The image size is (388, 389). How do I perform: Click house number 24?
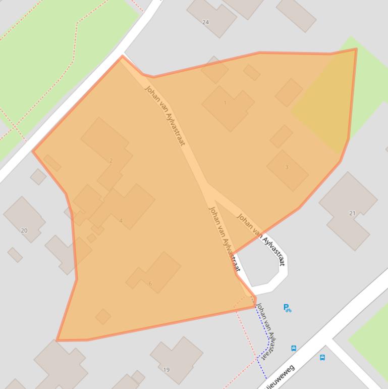205,22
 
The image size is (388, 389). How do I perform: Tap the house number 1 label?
225,103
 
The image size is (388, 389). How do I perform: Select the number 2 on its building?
111,161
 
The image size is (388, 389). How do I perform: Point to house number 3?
287,167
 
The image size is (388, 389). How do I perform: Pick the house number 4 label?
121,221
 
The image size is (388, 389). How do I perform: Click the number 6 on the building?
150,283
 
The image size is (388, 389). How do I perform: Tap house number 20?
24,230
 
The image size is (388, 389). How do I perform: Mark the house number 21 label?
352,213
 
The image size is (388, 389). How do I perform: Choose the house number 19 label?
167,370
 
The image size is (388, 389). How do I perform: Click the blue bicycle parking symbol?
287,308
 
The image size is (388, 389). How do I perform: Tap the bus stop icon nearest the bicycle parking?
294,348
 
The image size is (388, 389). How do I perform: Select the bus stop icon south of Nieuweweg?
322,358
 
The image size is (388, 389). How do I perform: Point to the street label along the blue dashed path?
266,331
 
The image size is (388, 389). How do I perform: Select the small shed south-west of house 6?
103,317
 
